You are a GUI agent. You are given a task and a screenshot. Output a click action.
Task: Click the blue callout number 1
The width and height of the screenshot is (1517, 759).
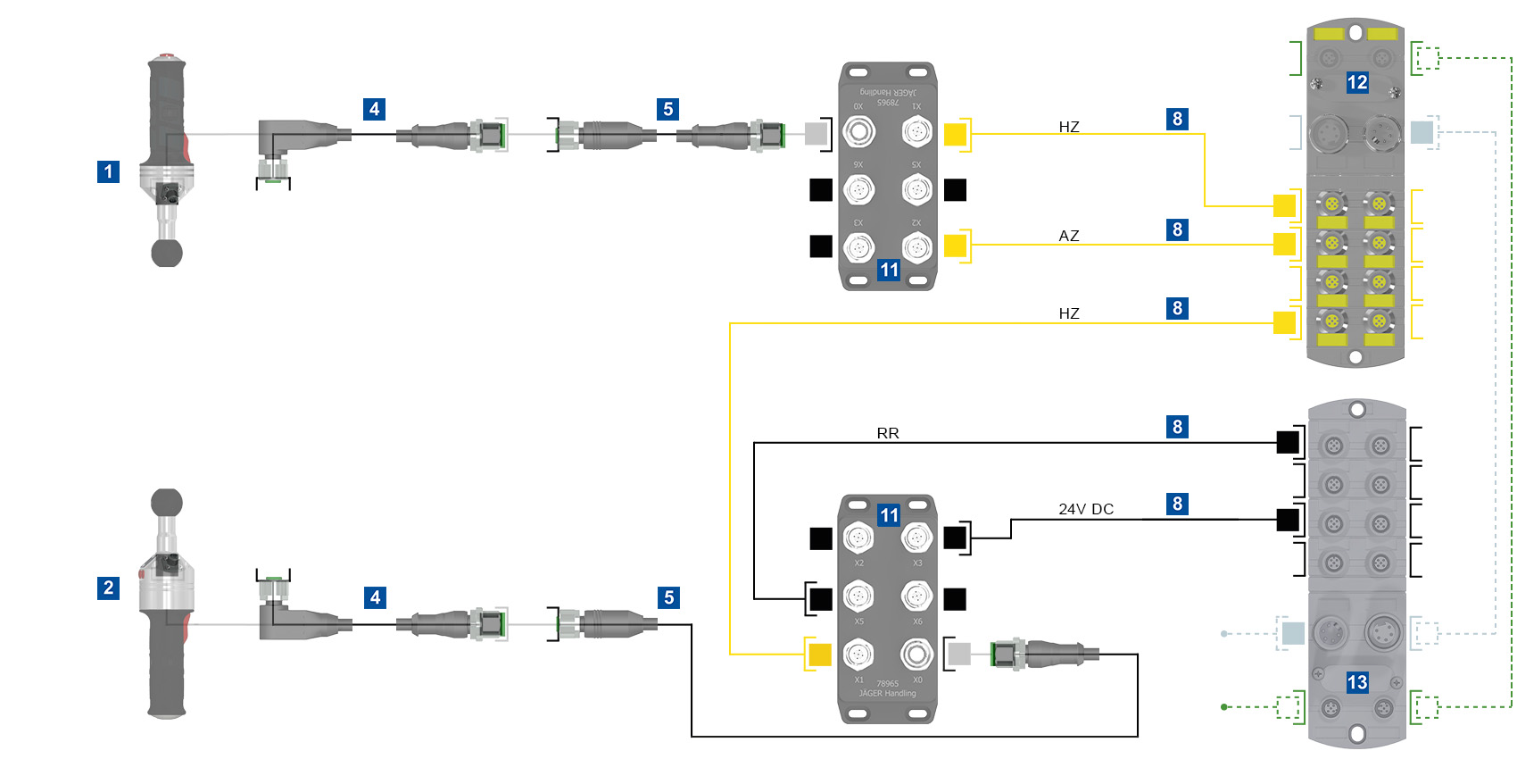click(108, 171)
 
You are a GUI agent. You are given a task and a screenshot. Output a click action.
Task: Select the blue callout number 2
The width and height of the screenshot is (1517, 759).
click(108, 588)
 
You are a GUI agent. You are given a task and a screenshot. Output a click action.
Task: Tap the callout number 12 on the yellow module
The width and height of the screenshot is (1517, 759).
click(1356, 83)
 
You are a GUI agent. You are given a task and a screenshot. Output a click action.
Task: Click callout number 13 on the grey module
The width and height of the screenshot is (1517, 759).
click(1356, 683)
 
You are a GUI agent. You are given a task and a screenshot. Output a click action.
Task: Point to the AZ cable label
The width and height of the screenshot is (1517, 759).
click(1068, 236)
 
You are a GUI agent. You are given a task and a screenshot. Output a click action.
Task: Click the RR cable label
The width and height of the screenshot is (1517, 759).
click(887, 433)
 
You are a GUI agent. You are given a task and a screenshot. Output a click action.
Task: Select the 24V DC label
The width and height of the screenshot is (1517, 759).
click(1085, 509)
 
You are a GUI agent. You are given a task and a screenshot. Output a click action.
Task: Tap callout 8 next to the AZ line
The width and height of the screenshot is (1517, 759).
click(1177, 229)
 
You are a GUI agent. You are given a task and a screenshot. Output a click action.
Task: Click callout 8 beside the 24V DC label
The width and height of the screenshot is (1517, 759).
click(1177, 504)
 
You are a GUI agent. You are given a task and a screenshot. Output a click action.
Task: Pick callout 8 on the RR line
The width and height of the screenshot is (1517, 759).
click(1177, 427)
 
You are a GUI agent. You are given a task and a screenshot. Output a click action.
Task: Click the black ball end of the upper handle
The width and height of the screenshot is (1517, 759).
click(167, 253)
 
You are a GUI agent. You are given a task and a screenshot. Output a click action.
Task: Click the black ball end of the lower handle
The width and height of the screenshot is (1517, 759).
click(167, 503)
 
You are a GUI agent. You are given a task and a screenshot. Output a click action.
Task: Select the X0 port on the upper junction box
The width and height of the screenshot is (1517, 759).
click(858, 133)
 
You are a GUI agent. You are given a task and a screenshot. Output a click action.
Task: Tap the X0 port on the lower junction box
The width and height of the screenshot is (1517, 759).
click(916, 655)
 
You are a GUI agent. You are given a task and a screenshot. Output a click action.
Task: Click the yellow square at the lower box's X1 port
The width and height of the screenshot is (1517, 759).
click(819, 655)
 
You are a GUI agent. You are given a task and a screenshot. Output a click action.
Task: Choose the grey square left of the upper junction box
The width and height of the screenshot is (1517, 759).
click(816, 134)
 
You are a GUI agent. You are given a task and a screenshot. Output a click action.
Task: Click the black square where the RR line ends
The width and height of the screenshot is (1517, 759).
click(1287, 442)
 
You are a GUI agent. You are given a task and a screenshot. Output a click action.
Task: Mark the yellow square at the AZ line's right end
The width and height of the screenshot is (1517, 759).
click(1284, 244)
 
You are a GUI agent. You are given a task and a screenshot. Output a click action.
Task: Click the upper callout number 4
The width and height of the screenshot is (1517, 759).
click(374, 109)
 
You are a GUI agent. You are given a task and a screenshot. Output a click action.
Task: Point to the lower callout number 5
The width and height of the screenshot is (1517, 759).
click(668, 597)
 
